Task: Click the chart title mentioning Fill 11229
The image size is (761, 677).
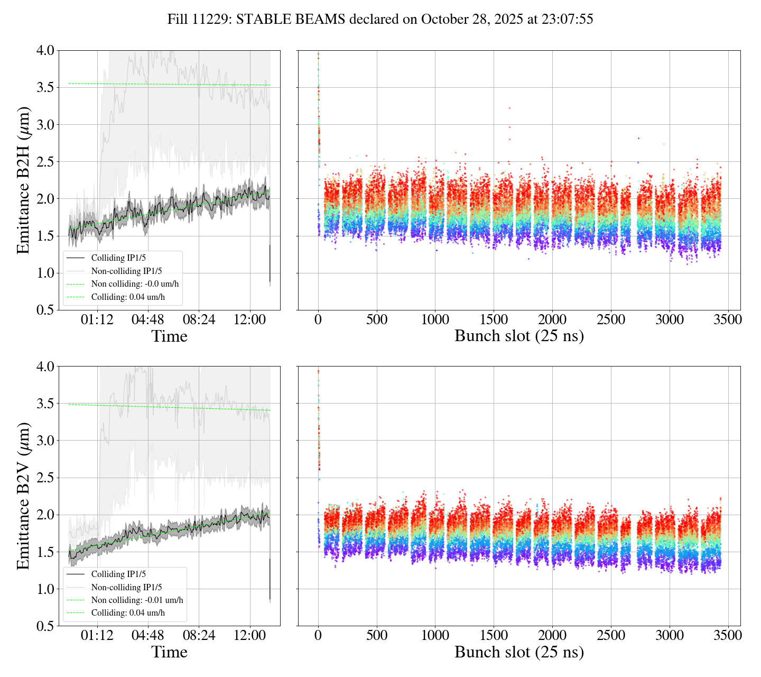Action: click(x=380, y=20)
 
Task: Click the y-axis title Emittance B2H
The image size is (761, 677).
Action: click(x=23, y=180)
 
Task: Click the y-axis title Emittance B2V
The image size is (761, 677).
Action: click(x=23, y=496)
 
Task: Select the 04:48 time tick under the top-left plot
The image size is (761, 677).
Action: click(x=147, y=320)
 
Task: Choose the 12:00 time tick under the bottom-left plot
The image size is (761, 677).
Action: click(x=249, y=636)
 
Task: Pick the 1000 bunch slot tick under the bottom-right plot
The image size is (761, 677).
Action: click(x=435, y=636)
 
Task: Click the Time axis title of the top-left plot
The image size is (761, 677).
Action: click(x=169, y=336)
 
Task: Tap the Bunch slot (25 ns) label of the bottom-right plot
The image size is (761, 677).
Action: click(x=519, y=652)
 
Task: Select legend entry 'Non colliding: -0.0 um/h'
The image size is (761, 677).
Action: click(x=135, y=284)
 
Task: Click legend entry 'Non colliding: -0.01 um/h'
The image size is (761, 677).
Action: click(x=137, y=600)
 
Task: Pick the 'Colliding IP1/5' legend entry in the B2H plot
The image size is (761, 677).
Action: click(x=118, y=258)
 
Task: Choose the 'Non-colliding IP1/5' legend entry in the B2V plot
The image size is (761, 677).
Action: click(x=126, y=587)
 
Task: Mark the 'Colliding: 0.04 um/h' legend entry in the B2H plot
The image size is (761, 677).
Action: click(x=128, y=297)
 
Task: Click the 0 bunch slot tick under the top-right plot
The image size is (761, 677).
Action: click(x=318, y=320)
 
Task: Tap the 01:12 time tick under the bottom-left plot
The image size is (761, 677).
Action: click(x=97, y=636)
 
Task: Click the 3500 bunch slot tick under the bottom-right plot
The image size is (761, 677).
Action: click(x=728, y=636)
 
